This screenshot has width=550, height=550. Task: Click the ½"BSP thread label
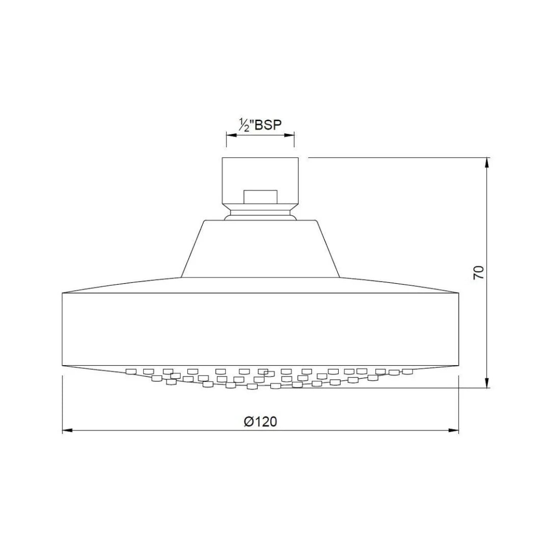coord(260,124)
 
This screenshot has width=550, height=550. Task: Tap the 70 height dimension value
coord(478,272)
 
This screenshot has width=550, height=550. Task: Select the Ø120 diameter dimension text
coord(260,422)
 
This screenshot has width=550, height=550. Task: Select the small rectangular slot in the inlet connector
coord(260,197)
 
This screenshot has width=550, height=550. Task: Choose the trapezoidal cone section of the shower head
coord(260,250)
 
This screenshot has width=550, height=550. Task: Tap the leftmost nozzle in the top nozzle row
coord(131,371)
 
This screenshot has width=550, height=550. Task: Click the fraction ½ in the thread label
coord(244,125)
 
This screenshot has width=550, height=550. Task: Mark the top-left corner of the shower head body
coord(62,293)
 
